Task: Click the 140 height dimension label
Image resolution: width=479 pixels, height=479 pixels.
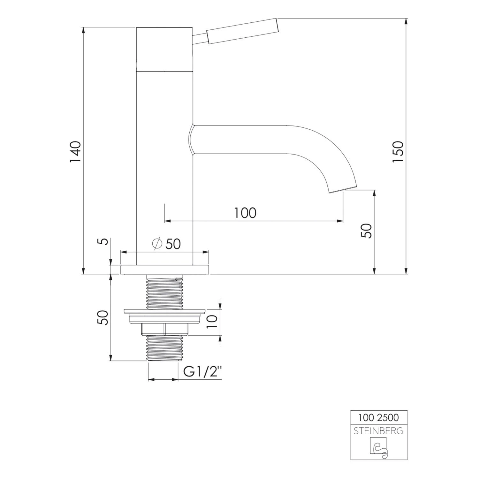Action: [x=76, y=151]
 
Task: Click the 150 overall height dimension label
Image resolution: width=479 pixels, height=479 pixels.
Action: [x=398, y=151]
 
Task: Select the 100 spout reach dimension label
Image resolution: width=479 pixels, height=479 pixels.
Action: [x=245, y=213]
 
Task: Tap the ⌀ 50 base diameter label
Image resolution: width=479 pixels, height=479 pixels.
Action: [x=166, y=244]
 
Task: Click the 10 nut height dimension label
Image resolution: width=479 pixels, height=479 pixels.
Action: [x=212, y=321]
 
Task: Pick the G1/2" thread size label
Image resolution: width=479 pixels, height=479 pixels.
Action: [x=202, y=372]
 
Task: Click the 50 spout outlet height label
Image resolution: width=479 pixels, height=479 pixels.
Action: [x=367, y=230]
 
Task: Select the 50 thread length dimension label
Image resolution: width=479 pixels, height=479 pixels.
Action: [x=103, y=317]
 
